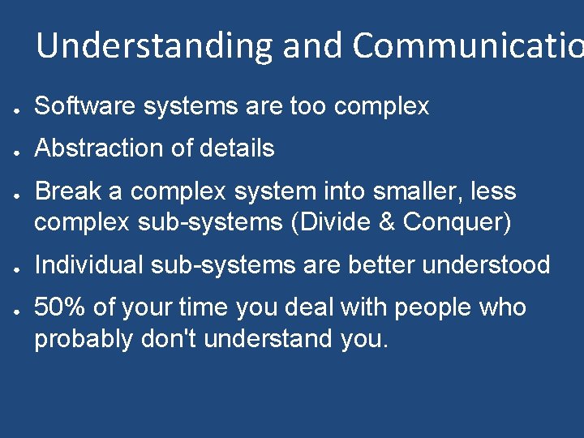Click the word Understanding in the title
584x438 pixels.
pos(154,45)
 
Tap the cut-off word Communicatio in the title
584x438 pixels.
pos(467,45)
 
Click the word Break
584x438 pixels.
pos(69,191)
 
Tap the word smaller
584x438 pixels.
pos(400,191)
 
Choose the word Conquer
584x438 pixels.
pos(457,222)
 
